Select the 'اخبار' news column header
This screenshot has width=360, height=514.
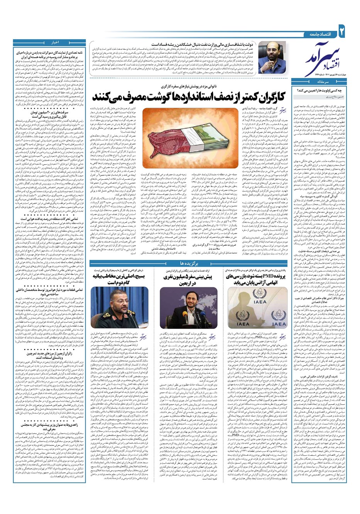(x=54, y=42)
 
